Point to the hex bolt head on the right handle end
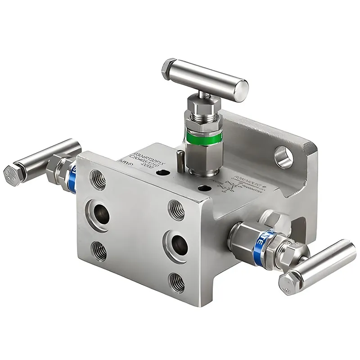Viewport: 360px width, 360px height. coord(288,283)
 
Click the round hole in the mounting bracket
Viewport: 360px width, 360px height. coord(282,155)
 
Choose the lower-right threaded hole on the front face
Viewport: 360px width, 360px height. coord(176,282)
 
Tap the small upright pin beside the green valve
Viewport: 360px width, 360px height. coord(180,160)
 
